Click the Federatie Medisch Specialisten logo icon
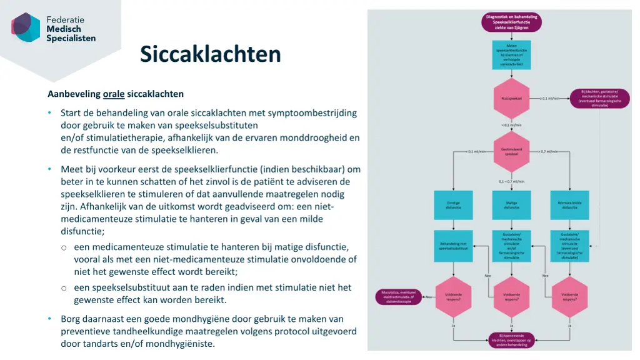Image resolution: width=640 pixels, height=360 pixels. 26,27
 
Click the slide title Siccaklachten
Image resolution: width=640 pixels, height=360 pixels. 210,54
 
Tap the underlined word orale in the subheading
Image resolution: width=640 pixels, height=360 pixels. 114,94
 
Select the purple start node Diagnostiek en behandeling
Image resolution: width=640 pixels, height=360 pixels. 511,21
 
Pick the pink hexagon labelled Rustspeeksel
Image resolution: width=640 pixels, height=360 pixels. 511,98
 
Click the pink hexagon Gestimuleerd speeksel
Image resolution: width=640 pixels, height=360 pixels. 511,152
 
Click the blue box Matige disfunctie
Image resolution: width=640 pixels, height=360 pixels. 511,205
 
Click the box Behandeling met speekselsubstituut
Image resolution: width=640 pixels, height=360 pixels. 453,246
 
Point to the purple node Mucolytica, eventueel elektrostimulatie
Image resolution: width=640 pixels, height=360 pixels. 399,296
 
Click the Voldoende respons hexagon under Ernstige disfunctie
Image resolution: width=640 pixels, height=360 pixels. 453,296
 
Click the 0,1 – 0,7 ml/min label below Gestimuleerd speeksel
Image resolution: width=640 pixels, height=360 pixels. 511,181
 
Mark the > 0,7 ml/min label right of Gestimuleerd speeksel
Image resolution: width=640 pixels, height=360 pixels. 549,152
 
